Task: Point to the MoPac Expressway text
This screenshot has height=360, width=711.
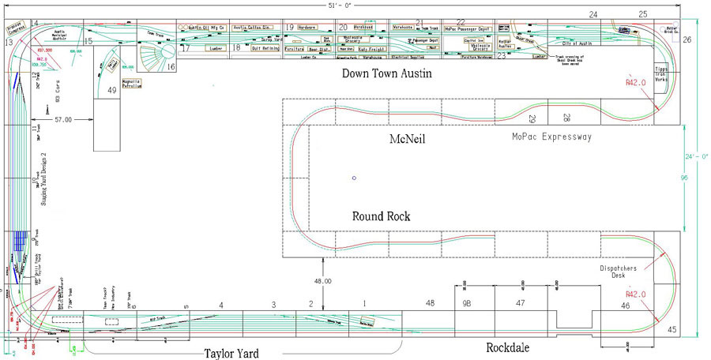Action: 552,137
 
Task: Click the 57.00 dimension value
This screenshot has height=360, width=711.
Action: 64,118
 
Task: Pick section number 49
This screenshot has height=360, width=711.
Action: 111,91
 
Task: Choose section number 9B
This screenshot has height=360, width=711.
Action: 467,303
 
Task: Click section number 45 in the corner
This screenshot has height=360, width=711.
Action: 672,330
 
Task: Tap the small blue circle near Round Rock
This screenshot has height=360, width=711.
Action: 354,177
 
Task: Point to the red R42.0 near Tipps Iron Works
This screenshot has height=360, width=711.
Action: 636,81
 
